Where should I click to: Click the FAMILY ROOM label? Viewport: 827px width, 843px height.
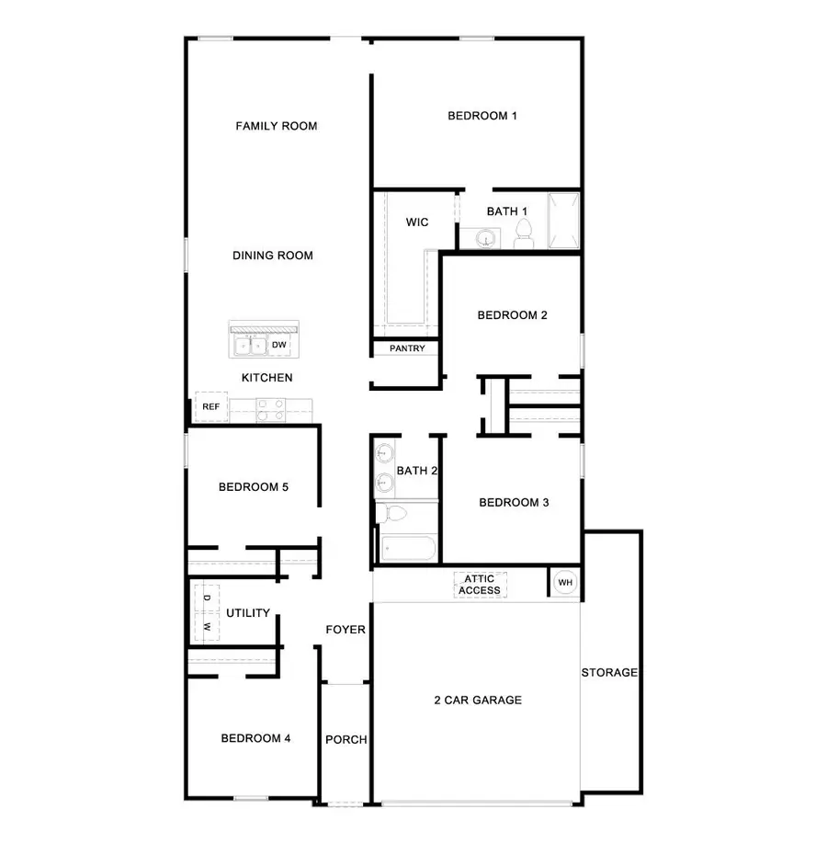276,126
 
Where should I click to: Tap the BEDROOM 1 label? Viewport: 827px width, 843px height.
482,116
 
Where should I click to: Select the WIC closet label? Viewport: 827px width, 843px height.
417,222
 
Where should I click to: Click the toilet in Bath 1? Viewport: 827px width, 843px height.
524,235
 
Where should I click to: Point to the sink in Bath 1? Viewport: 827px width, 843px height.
484,239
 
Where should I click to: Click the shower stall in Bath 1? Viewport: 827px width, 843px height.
563,221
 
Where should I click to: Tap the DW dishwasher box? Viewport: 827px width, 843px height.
280,345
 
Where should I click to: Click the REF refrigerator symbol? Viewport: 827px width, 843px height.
210,406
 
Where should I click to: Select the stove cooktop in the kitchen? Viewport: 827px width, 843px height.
270,409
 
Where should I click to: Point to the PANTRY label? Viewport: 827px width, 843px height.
406,348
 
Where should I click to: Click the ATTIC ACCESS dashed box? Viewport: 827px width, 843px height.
480,585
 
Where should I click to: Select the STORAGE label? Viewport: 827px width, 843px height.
609,673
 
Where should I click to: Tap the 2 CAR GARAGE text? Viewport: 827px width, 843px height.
478,701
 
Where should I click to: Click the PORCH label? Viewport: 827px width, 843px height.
346,740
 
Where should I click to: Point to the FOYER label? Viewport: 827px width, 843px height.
346,631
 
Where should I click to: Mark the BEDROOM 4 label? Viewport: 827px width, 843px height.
255,738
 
